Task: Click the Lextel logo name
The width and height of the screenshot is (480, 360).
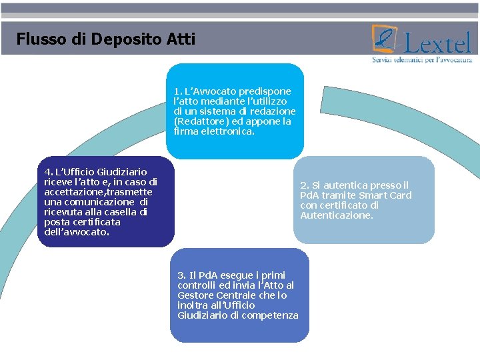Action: pyautogui.click(x=437, y=44)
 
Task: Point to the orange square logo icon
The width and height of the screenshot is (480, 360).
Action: pyautogui.click(x=385, y=39)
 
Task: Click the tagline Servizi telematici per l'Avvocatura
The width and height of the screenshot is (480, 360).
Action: pyautogui.click(x=422, y=60)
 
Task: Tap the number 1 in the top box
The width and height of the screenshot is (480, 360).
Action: pyautogui.click(x=176, y=91)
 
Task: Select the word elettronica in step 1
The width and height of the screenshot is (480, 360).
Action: pyautogui.click(x=227, y=131)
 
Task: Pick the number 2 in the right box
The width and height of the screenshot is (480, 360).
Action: pyautogui.click(x=303, y=185)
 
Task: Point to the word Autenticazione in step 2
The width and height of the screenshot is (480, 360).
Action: pyautogui.click(x=336, y=215)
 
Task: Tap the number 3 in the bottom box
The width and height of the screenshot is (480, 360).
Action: pyautogui.click(x=180, y=275)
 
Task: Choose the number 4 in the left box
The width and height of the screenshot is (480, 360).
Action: pyautogui.click(x=47, y=172)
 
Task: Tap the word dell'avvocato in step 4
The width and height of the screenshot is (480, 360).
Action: pyautogui.click(x=76, y=232)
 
